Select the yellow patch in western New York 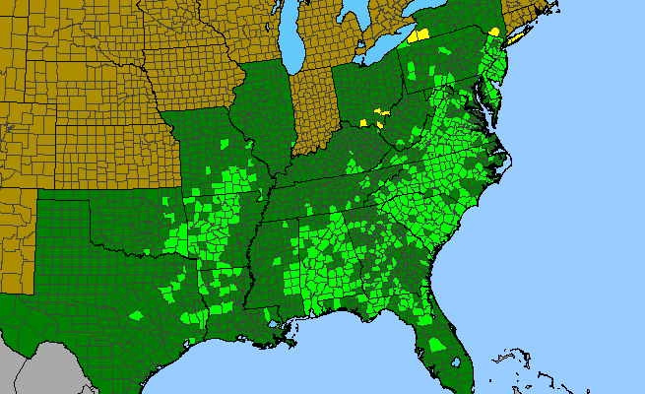coord(419,35)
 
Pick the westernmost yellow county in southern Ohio coord(363,122)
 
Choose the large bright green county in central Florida coord(432,345)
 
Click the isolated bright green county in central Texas coord(136,315)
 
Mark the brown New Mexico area coord(15,236)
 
